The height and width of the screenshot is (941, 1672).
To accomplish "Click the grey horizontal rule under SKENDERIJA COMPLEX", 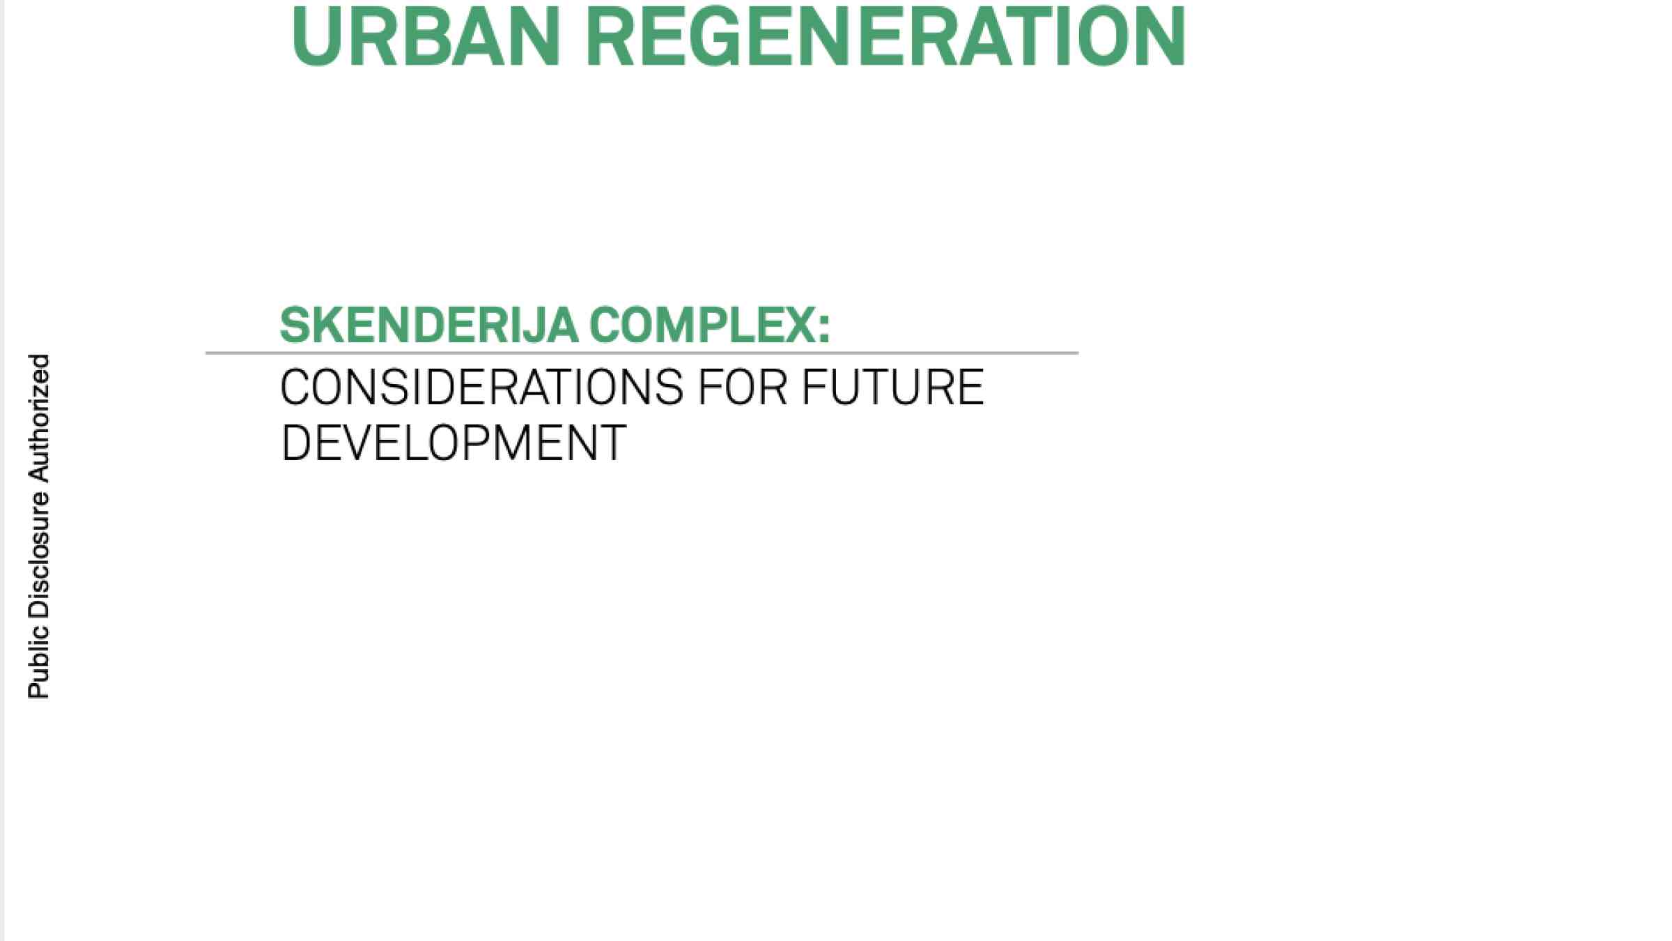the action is (642, 353).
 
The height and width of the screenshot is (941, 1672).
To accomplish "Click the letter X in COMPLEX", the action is (801, 326).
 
